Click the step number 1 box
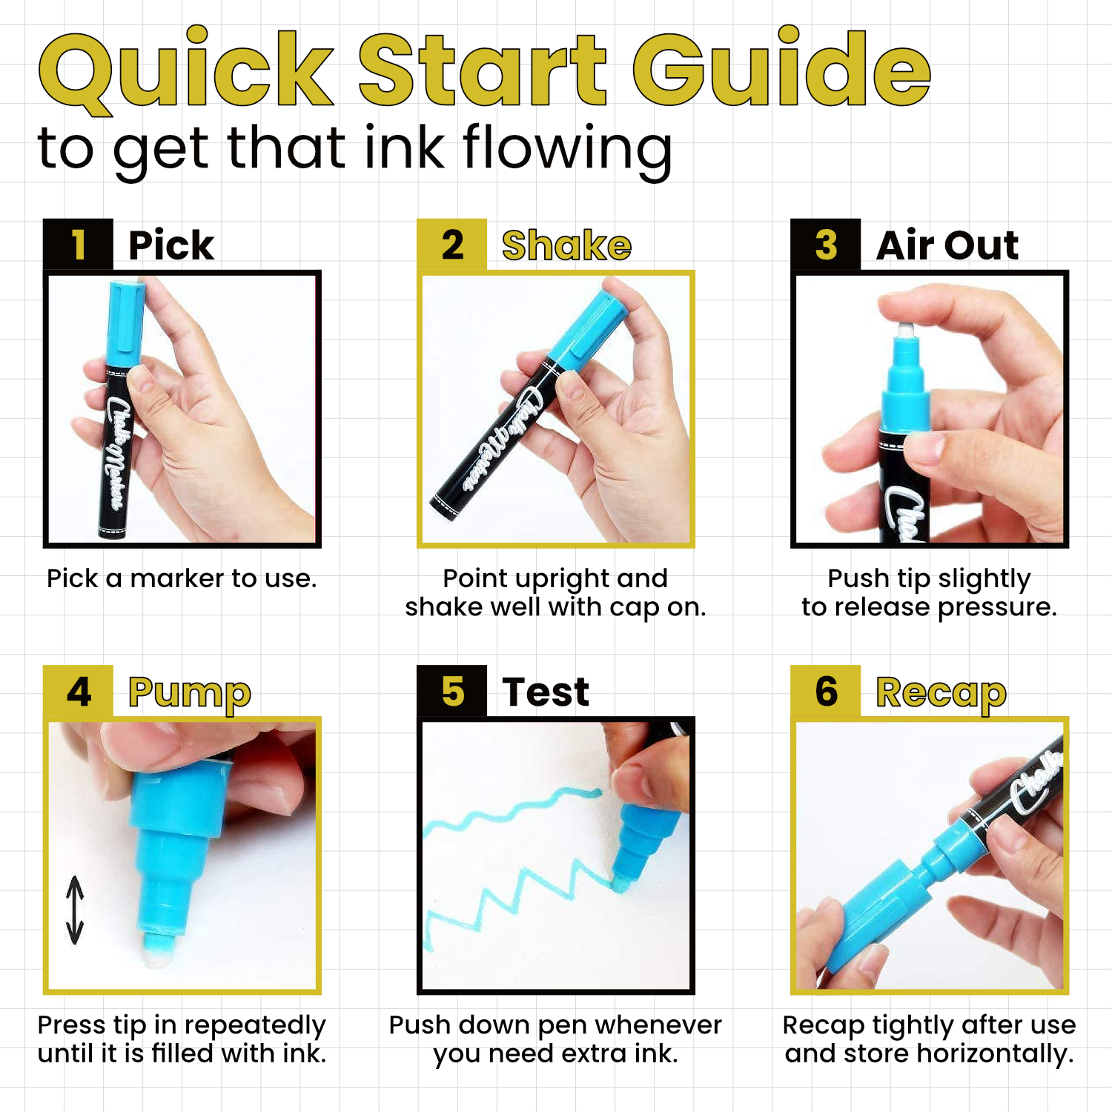click(78, 245)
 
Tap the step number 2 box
click(451, 245)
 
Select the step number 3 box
click(825, 245)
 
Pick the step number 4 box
click(78, 692)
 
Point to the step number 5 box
click(451, 692)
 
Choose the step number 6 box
click(825, 692)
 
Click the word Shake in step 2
click(566, 245)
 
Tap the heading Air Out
click(947, 245)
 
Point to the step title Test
click(546, 692)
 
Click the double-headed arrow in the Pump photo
click(75, 910)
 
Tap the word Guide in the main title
click(781, 69)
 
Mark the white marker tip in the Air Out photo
click(906, 330)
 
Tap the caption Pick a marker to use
click(182, 578)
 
